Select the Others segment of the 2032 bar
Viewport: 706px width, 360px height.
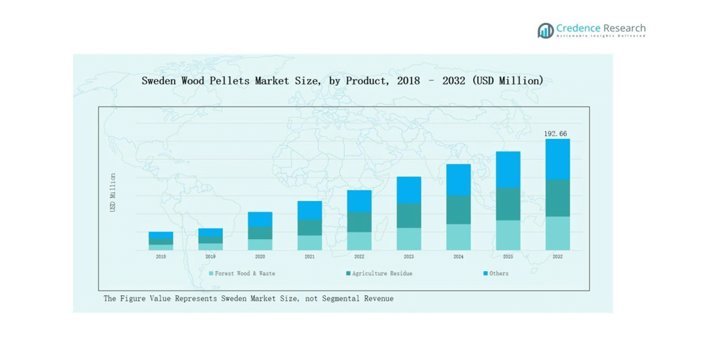point(557,159)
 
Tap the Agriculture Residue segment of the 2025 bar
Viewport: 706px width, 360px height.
point(508,204)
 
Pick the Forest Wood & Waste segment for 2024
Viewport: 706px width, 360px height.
point(459,237)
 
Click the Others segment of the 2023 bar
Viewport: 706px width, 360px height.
point(409,190)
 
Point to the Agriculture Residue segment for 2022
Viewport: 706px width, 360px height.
point(359,222)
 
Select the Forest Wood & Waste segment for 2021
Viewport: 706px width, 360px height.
point(310,243)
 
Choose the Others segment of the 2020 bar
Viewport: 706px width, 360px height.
point(260,219)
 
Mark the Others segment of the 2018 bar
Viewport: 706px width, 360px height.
point(161,235)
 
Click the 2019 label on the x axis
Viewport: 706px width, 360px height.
point(211,256)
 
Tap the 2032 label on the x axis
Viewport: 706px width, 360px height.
point(557,256)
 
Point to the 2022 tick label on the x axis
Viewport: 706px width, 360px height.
point(359,256)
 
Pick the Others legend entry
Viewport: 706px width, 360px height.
point(498,274)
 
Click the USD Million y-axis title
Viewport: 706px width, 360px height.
point(113,193)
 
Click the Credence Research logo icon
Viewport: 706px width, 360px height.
point(545,31)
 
